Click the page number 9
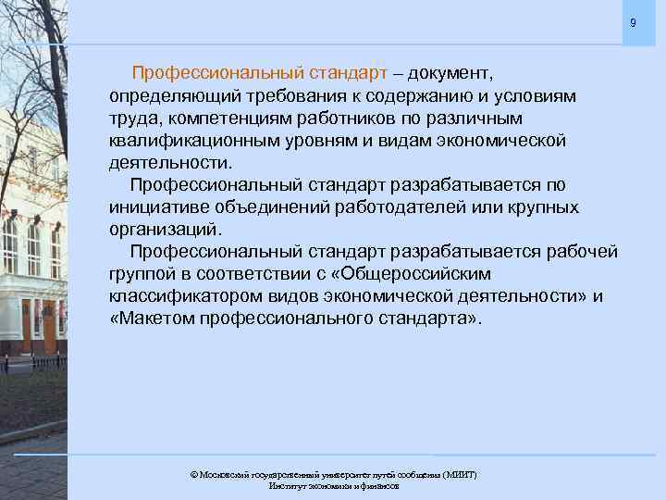click(x=633, y=22)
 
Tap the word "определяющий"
click(x=165, y=95)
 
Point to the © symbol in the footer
click(x=193, y=474)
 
